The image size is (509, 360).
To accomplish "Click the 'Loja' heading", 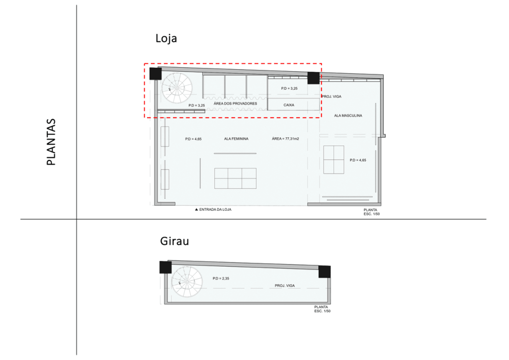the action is click(166, 38).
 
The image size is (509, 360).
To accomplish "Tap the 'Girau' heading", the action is click(174, 241).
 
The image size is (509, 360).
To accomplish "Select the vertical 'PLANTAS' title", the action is click(51, 142).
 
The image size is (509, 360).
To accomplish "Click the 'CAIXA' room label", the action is click(289, 105).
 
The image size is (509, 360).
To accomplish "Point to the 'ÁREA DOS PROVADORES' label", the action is click(235, 103).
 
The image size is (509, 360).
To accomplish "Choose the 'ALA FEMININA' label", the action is click(236, 139).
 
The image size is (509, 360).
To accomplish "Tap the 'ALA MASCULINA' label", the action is click(348, 115).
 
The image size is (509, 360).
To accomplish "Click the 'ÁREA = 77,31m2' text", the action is click(285, 139).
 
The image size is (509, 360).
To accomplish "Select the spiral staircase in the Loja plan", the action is click(177, 88).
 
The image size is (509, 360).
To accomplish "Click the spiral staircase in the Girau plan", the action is click(187, 282).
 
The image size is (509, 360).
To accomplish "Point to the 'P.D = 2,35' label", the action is click(221, 278).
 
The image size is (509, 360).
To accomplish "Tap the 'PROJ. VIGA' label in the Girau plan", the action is click(285, 285).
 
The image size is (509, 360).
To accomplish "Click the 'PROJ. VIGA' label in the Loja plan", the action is click(332, 96).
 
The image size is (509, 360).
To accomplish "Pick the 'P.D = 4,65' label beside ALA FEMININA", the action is click(193, 139).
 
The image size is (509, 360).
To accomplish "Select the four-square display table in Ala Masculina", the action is click(334, 160).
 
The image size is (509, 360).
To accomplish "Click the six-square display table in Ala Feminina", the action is click(235, 178).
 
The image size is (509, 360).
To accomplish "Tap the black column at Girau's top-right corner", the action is click(324, 271).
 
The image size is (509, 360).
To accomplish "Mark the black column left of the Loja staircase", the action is click(156, 74).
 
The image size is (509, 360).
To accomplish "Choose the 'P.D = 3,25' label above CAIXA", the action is click(289, 89).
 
